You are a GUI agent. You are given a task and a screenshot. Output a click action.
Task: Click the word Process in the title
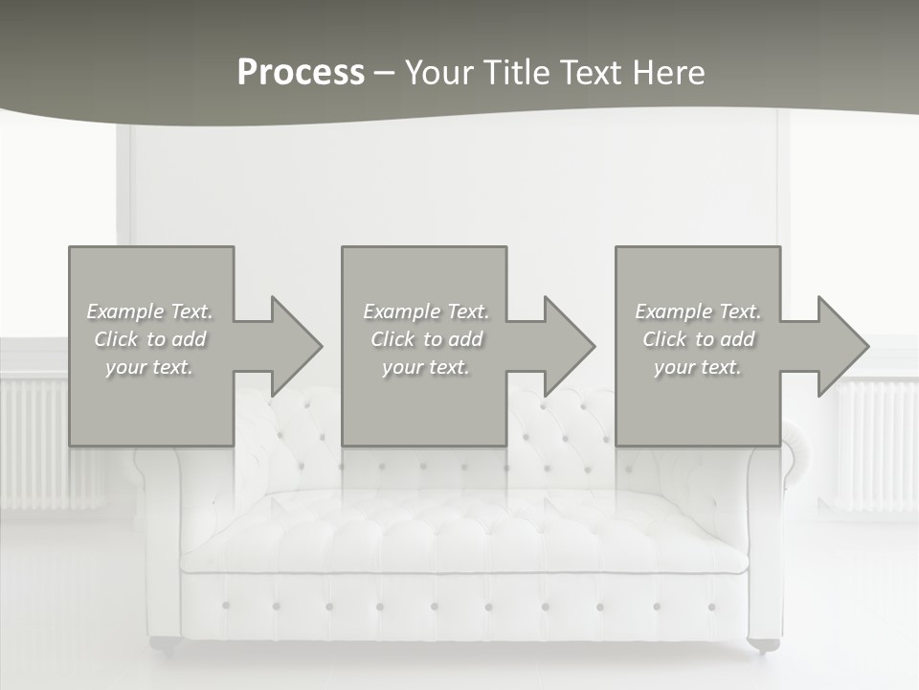(x=301, y=73)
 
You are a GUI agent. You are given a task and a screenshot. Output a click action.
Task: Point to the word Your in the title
(x=440, y=73)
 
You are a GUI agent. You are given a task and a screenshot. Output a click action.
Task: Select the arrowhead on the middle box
(x=567, y=346)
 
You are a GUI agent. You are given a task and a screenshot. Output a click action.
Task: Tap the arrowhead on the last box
(x=841, y=346)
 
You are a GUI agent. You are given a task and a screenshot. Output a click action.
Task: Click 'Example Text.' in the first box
(x=150, y=311)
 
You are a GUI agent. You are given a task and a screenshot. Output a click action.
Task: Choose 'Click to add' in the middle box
(x=426, y=339)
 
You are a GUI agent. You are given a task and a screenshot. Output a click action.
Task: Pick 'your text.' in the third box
(x=697, y=367)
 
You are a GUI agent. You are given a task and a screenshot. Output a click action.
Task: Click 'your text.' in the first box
(x=149, y=367)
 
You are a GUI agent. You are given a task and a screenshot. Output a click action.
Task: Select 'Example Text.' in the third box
(x=698, y=311)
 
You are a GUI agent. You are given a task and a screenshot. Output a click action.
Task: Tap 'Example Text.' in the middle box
(x=426, y=311)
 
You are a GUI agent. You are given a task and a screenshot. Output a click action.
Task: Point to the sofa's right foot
(x=763, y=645)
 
